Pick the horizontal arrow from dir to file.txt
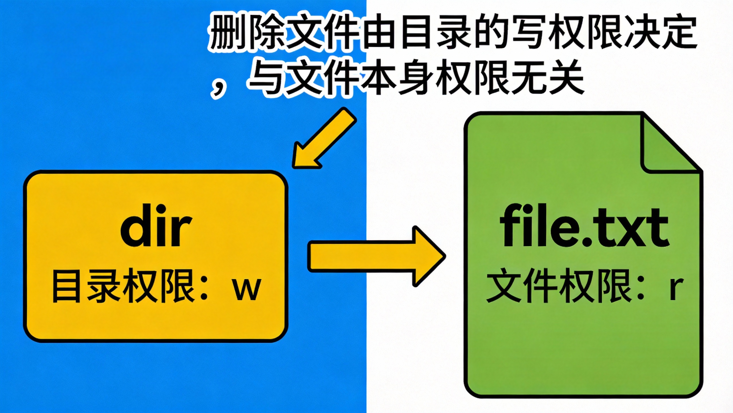tap(375, 256)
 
